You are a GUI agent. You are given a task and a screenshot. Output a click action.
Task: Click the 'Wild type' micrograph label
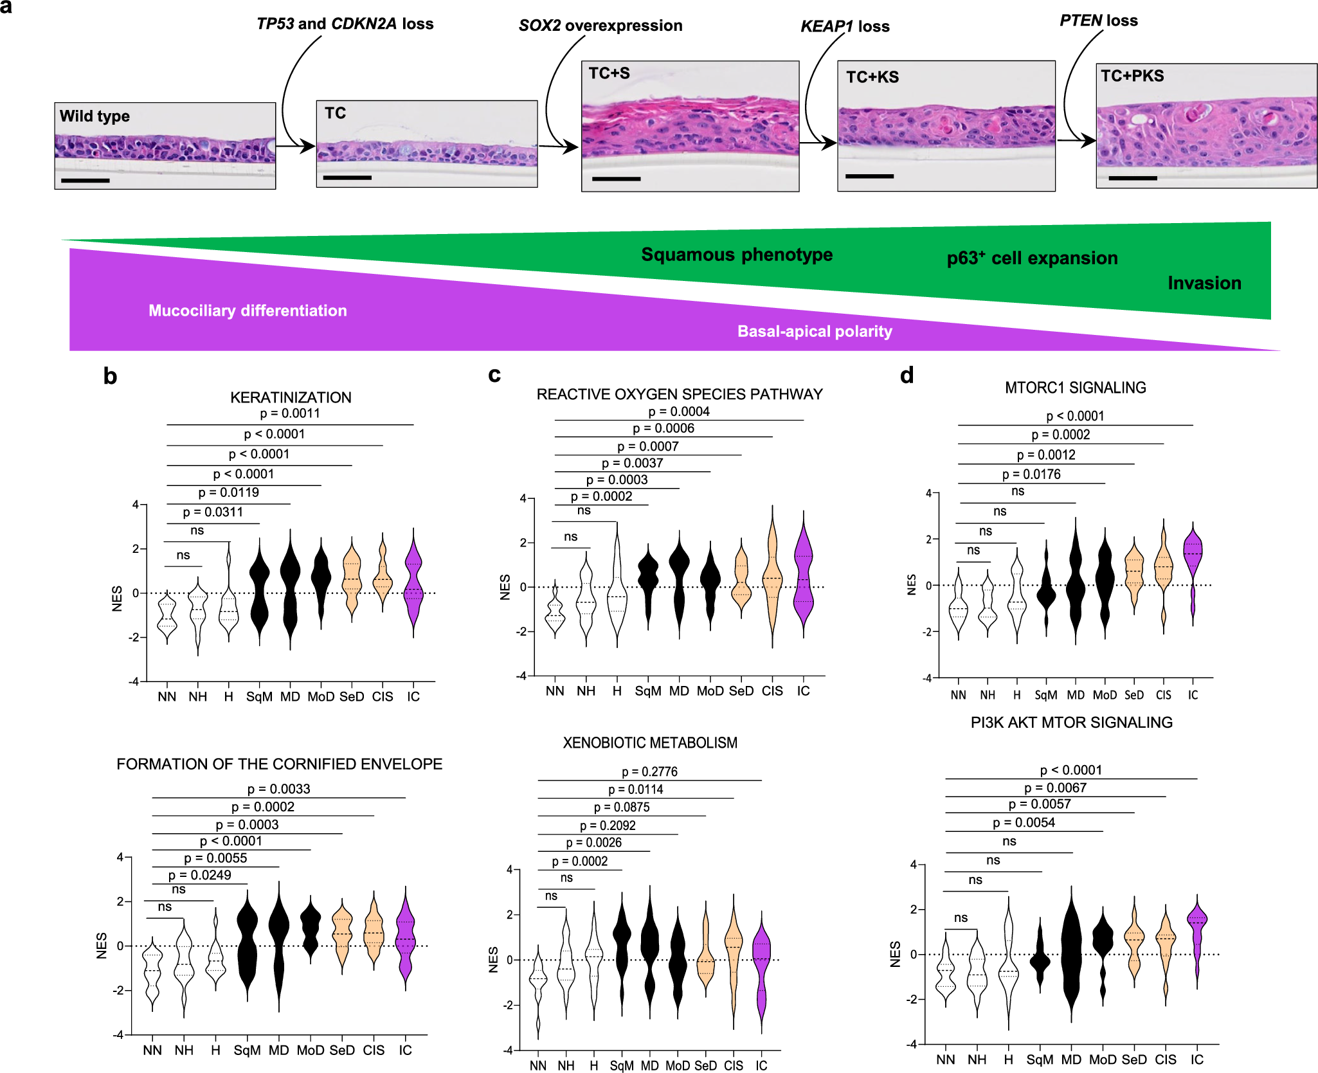tap(95, 116)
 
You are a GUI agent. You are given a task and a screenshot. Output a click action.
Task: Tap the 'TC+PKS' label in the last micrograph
tap(1132, 76)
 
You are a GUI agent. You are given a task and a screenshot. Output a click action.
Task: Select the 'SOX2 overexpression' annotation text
tap(600, 26)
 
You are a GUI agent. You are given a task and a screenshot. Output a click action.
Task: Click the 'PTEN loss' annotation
tap(1098, 21)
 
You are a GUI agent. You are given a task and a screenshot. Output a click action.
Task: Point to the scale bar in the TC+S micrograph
tap(616, 179)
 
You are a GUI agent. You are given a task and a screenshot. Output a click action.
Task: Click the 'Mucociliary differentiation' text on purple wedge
tap(248, 311)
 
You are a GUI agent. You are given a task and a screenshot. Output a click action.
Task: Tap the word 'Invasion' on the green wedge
tap(1204, 283)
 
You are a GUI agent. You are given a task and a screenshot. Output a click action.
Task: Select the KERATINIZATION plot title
tap(291, 397)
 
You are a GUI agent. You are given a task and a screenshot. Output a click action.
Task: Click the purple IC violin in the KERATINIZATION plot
tap(413, 582)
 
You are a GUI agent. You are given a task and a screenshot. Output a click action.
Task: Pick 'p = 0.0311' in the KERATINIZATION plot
tap(213, 512)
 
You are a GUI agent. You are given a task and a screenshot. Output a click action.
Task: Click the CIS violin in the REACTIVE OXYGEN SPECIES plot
tap(772, 579)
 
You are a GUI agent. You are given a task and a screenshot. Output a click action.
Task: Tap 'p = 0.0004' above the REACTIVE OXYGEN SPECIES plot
tap(679, 411)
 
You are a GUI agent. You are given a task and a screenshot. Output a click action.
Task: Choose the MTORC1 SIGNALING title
tap(1075, 388)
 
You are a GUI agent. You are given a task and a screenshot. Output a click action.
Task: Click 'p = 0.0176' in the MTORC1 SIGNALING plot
tap(1031, 474)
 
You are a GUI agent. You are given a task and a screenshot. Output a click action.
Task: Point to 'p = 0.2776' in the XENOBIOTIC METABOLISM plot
tap(649, 771)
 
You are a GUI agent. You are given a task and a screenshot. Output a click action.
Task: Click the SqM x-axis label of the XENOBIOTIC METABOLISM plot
tap(622, 1065)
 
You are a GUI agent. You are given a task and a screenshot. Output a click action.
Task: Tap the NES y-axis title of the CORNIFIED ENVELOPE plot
tap(102, 946)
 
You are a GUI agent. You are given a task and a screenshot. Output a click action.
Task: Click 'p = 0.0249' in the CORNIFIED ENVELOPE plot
tap(199, 875)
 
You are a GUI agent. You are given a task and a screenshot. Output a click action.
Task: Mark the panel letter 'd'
tap(907, 375)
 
